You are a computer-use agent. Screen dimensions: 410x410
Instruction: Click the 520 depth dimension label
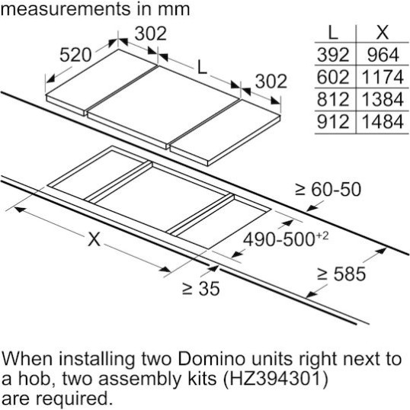(x=75, y=55)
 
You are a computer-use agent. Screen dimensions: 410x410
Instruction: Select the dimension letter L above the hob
(x=202, y=67)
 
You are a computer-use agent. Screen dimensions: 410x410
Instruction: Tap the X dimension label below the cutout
(x=94, y=239)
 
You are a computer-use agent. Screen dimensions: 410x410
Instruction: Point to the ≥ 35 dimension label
(x=201, y=289)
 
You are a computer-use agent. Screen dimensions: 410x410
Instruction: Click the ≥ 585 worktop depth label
(x=341, y=274)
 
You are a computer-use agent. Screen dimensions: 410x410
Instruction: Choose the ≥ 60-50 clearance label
(x=328, y=189)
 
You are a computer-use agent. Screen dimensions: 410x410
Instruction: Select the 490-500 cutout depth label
(x=286, y=239)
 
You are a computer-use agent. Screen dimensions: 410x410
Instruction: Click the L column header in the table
(x=332, y=33)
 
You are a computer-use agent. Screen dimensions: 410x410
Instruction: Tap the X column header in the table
(x=383, y=33)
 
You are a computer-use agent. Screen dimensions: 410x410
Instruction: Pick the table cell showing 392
(x=333, y=55)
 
